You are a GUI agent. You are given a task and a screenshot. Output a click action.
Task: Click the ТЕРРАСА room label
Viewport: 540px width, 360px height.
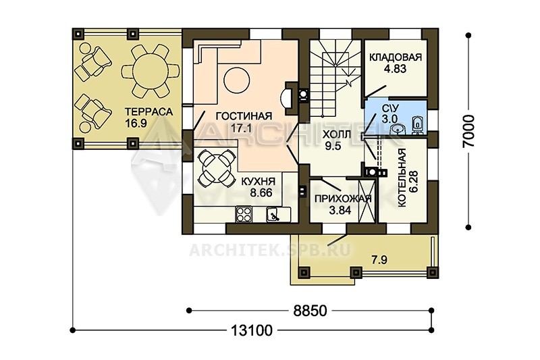point(148,111)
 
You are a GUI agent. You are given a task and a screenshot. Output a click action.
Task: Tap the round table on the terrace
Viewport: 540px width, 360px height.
point(149,71)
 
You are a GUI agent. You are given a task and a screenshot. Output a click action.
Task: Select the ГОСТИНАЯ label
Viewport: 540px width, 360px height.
point(244,116)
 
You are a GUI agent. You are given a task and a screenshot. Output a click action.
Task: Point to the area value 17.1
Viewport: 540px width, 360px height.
point(241,128)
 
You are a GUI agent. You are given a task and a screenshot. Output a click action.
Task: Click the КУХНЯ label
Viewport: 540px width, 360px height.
point(258,181)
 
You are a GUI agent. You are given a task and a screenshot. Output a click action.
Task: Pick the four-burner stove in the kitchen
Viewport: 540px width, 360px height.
point(244,214)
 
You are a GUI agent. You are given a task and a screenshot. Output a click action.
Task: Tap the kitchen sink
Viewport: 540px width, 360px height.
point(274,215)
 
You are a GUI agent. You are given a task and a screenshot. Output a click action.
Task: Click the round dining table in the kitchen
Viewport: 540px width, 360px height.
point(217,168)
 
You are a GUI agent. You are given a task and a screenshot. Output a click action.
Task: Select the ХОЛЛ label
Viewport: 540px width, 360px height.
point(336,134)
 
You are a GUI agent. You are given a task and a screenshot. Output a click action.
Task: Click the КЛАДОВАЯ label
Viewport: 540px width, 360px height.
point(396,57)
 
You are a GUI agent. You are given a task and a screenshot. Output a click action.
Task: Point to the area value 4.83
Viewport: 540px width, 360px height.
point(396,68)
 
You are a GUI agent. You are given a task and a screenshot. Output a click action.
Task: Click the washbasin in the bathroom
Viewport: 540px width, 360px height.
point(399,129)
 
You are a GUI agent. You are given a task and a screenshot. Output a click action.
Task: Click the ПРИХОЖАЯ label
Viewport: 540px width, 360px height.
point(343,199)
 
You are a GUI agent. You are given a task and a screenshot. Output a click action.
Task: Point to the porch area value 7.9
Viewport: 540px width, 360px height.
point(379,260)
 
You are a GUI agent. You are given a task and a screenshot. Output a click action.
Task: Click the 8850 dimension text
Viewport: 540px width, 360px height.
point(310,311)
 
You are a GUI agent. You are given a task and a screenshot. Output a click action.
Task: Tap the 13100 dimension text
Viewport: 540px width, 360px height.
point(251,331)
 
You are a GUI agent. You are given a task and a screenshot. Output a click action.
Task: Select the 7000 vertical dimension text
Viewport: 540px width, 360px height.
point(468,131)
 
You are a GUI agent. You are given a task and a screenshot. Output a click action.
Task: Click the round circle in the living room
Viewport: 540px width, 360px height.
point(237,80)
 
